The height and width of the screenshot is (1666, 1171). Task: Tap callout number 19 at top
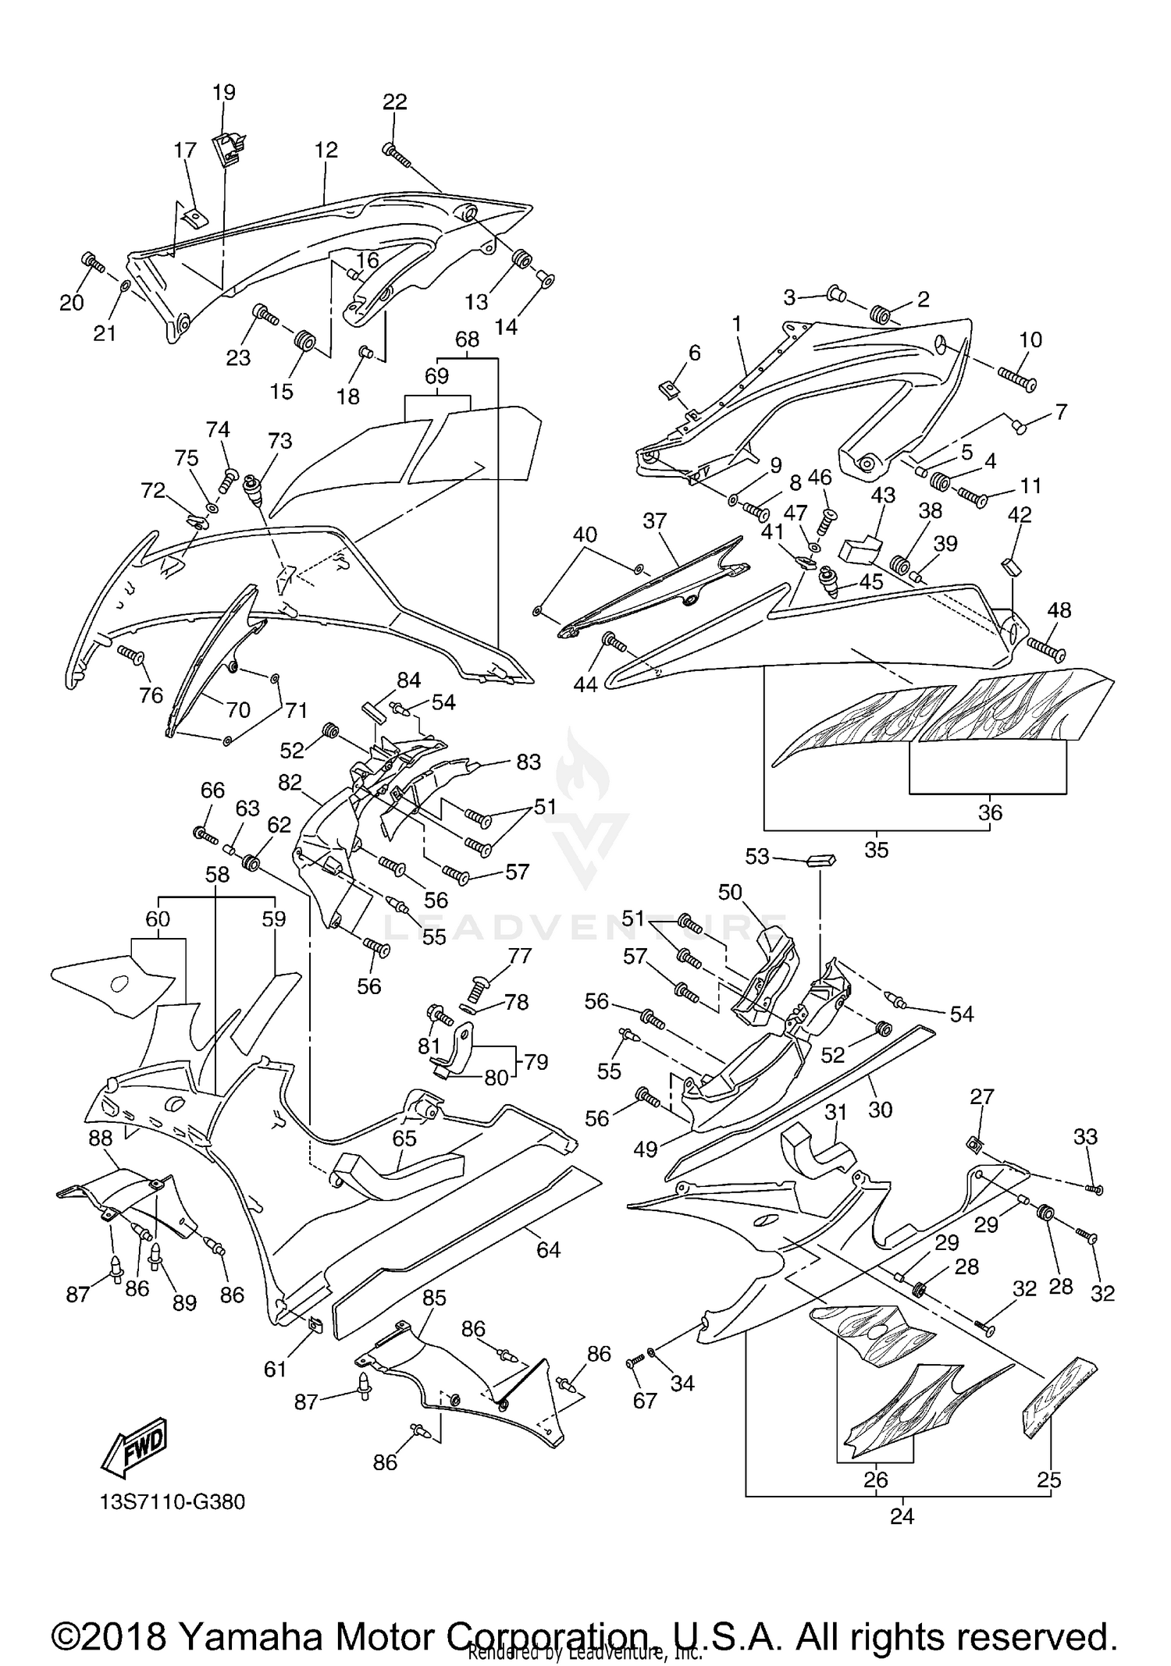coord(224,92)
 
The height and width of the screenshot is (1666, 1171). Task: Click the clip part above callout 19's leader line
coord(227,148)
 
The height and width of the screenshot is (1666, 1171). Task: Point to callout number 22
coord(395,101)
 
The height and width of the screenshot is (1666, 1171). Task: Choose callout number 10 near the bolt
coord(1030,339)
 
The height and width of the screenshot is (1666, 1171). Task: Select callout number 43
coord(883,496)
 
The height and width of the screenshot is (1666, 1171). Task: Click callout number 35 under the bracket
coord(877,850)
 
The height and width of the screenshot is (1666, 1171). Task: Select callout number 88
coord(100,1138)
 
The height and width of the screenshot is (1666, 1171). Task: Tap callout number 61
coord(276,1369)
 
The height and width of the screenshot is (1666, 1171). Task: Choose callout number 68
coord(467,339)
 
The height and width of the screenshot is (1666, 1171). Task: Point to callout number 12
coord(326,150)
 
